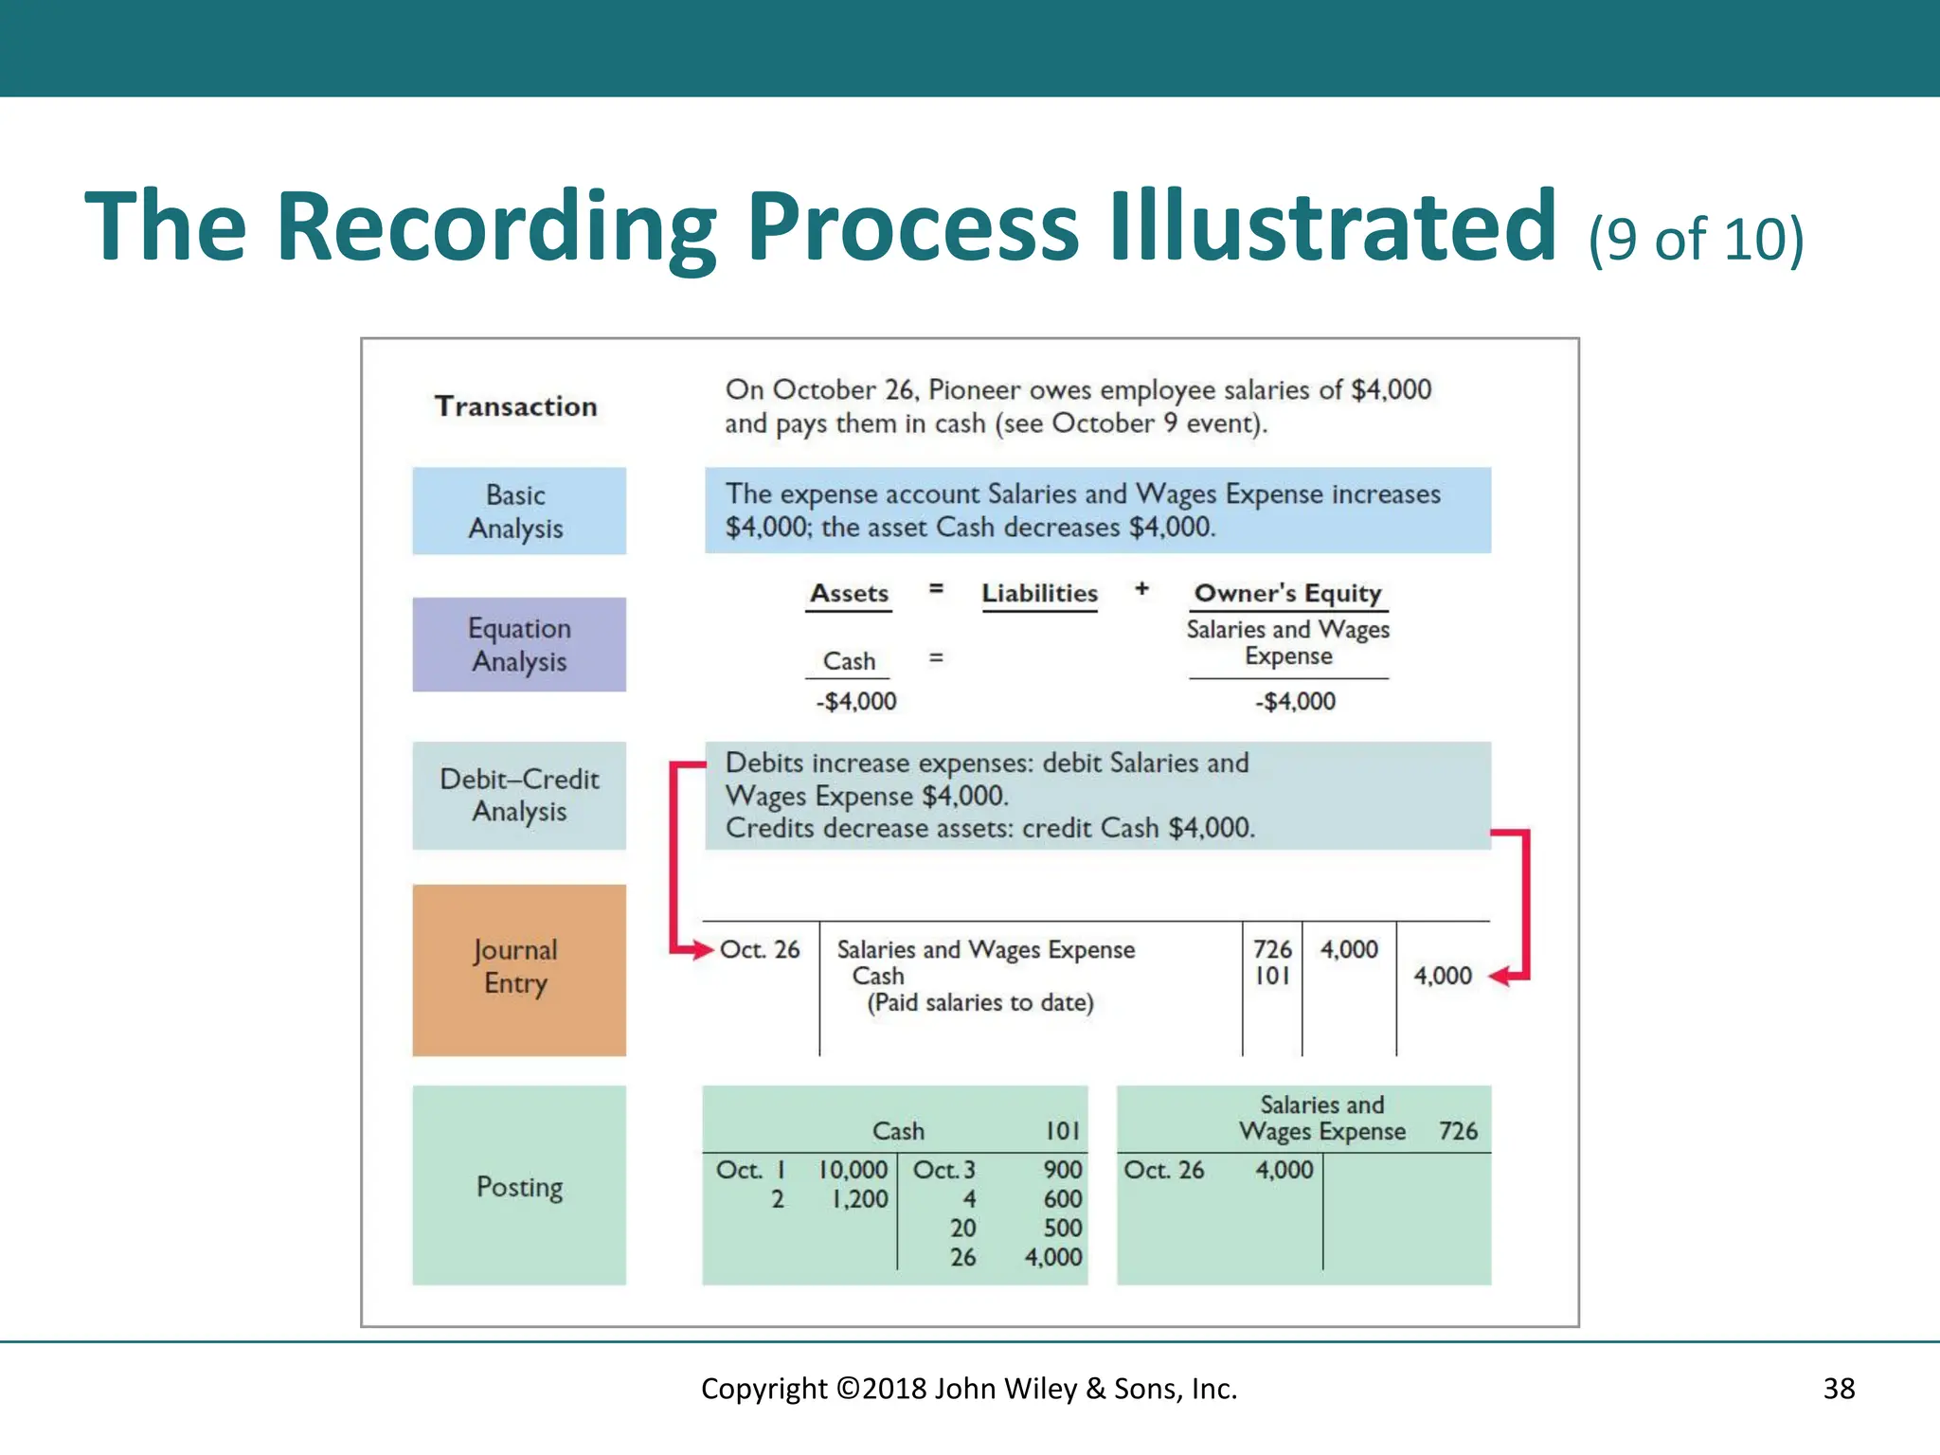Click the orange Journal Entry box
tap(519, 969)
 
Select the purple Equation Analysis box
tap(519, 644)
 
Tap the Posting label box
tap(519, 1185)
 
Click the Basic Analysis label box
tap(519, 511)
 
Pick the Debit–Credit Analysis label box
tap(519, 795)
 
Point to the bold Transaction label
tap(516, 406)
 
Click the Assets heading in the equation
tap(849, 594)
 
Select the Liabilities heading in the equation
tap(1039, 594)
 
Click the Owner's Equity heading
tap(1288, 594)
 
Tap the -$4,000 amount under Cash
tap(856, 702)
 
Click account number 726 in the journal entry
tap(1272, 949)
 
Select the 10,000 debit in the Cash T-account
tap(853, 1170)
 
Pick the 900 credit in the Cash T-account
tap(1063, 1170)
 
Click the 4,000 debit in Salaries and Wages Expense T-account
tap(1284, 1170)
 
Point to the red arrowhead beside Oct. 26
tap(702, 949)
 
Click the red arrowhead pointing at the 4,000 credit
tap(1500, 977)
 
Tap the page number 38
tap(1839, 1389)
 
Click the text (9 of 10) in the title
tap(1696, 239)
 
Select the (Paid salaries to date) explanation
tap(980, 1003)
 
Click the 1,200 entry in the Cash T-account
tap(860, 1199)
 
